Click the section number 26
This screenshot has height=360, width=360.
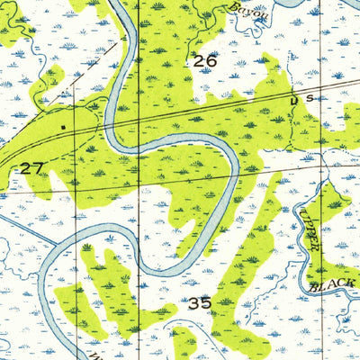(x=205, y=62)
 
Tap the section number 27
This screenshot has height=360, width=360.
(x=31, y=167)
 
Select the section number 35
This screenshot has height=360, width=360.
(x=201, y=303)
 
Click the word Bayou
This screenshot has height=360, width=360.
(x=243, y=8)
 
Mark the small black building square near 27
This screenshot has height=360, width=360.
(x=61, y=127)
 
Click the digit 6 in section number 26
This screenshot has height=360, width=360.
(x=211, y=62)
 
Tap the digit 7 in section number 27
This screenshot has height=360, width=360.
(x=38, y=167)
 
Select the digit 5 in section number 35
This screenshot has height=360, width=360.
(x=207, y=303)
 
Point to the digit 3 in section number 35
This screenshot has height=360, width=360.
(x=194, y=303)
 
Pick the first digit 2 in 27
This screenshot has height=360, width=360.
(x=25, y=167)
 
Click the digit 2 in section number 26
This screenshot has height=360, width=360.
(x=199, y=62)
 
